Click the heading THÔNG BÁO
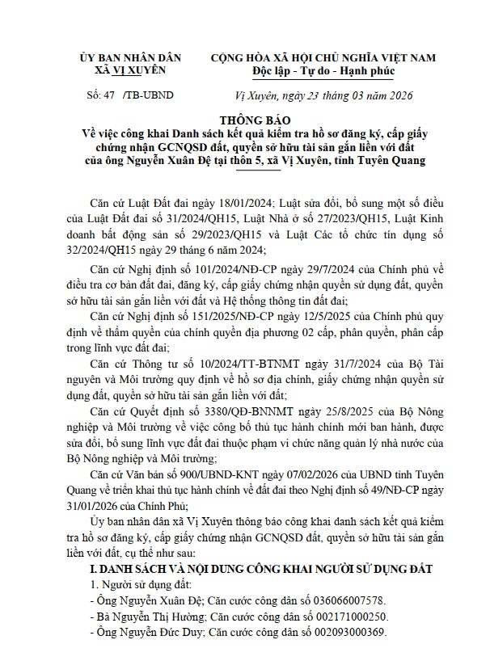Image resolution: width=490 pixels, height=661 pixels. (x=245, y=116)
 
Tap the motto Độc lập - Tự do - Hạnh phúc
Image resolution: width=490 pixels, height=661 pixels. (x=323, y=71)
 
